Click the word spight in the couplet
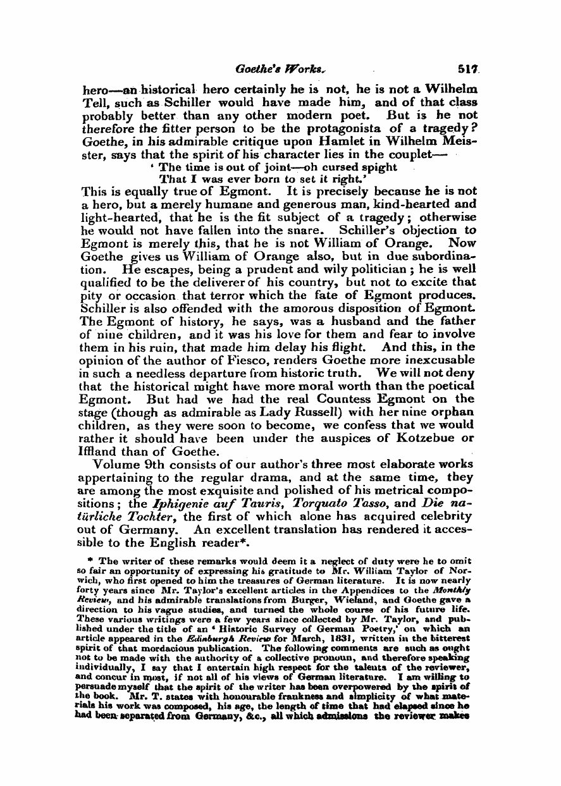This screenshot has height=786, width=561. [378, 167]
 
